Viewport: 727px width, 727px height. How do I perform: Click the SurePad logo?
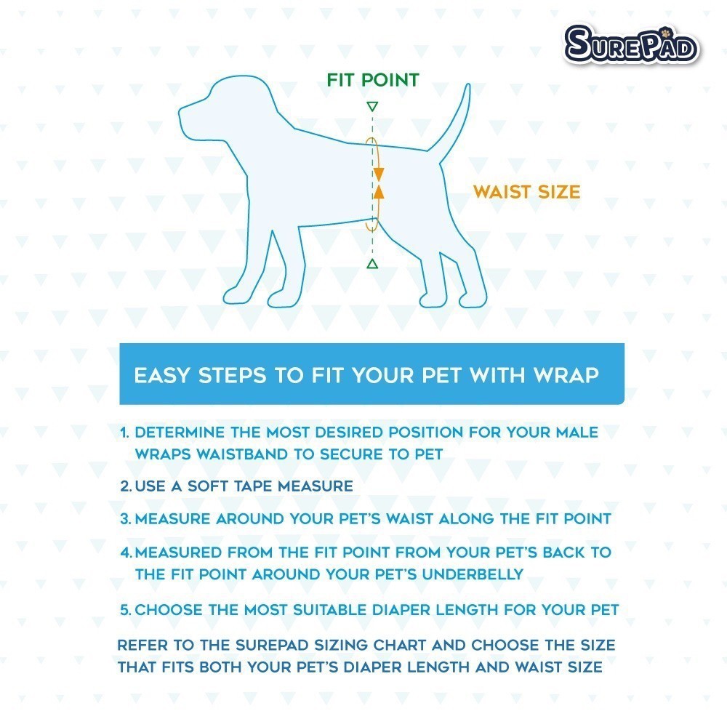pos(631,44)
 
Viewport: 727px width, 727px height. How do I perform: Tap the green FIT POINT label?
pos(373,80)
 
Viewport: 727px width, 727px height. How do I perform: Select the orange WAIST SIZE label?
pos(526,192)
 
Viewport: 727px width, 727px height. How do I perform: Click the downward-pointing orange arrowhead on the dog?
pos(378,174)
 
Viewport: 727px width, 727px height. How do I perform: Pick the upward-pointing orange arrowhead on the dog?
pos(379,191)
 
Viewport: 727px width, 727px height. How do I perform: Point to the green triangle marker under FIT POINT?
pos(372,107)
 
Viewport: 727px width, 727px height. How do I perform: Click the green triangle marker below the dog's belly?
pos(372,264)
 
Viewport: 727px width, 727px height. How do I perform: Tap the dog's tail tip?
pos(467,86)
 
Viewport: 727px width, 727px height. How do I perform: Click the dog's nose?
pos(181,111)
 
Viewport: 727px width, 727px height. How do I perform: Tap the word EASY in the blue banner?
pos(162,375)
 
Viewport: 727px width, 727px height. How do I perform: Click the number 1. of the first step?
pos(124,433)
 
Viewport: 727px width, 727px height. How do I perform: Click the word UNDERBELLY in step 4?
pos(473,574)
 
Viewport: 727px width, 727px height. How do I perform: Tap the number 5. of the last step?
pos(126,610)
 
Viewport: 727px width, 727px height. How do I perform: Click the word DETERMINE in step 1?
pos(180,433)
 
